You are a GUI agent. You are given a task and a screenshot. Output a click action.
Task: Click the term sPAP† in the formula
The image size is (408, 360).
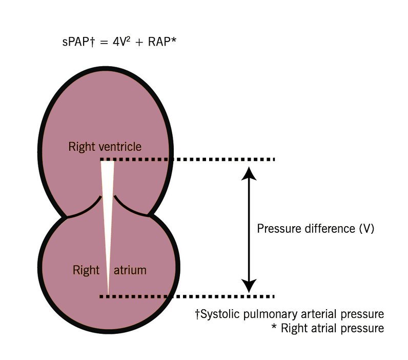[x=76, y=42]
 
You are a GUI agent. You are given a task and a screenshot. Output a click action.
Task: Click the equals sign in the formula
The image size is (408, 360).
[x=100, y=43]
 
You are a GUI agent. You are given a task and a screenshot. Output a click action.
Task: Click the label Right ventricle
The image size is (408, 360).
[x=105, y=147]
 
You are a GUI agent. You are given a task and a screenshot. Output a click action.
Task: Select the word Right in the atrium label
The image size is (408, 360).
[x=86, y=270]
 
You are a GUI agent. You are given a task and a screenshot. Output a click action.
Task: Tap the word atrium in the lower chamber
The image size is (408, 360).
[x=130, y=270]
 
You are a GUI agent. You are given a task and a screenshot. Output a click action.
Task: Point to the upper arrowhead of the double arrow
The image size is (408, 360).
[x=249, y=174]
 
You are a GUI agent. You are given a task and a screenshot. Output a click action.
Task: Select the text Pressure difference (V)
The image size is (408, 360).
[x=316, y=229]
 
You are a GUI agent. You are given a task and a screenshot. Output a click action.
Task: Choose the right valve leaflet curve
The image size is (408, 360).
[x=130, y=207]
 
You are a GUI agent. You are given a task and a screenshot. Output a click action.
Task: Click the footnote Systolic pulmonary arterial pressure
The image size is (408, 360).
[x=289, y=313]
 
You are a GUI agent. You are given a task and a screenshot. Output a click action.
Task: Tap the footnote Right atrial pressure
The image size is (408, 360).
[x=328, y=328]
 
